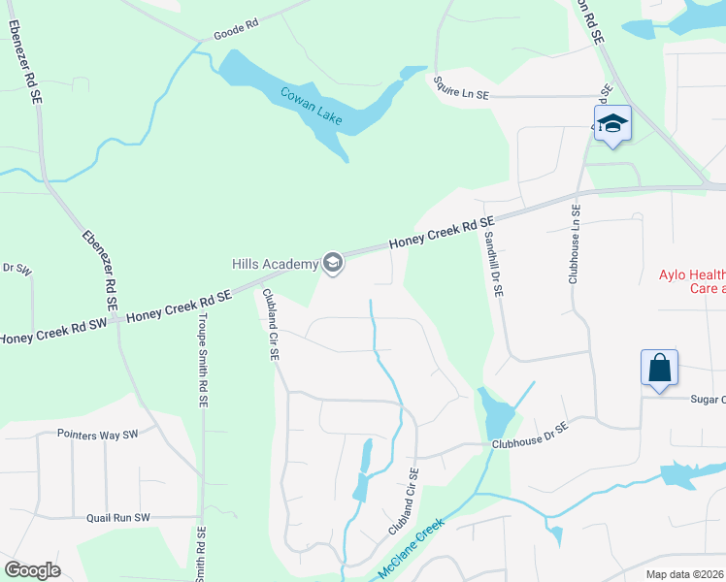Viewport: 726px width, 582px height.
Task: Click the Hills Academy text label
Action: [x=275, y=264]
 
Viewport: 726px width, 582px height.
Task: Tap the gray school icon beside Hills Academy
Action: [x=333, y=263]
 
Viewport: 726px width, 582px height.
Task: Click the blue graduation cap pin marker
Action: [x=612, y=124]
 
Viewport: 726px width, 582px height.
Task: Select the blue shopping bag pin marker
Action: [x=659, y=370]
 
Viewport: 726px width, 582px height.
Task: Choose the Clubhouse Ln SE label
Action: [x=576, y=243]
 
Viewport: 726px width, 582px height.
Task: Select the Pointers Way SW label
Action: [x=98, y=434]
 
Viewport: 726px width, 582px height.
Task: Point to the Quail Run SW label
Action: [x=118, y=518]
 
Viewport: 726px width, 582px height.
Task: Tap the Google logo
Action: [x=32, y=570]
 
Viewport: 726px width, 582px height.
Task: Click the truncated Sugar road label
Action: [x=708, y=399]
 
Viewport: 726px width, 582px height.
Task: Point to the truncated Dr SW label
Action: [x=16, y=268]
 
